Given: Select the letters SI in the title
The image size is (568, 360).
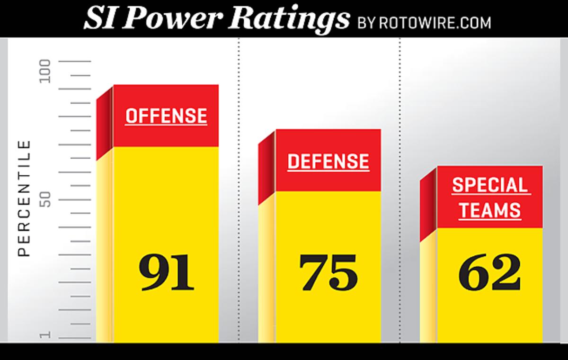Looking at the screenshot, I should tap(100, 19).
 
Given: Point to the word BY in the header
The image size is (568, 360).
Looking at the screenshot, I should tap(366, 22).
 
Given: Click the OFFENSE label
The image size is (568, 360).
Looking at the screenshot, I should tap(166, 116).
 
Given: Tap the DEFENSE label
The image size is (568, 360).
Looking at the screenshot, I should tap(328, 162).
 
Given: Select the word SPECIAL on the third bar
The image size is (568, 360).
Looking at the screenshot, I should tap(489, 185).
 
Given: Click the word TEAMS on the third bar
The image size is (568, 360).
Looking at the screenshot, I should tap(489, 210).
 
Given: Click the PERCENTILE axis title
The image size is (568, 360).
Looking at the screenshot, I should tap(24, 198).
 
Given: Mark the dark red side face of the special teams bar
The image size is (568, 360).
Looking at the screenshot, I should tap(428, 206).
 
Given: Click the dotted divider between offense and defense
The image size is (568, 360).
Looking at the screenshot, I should tap(239, 189).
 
